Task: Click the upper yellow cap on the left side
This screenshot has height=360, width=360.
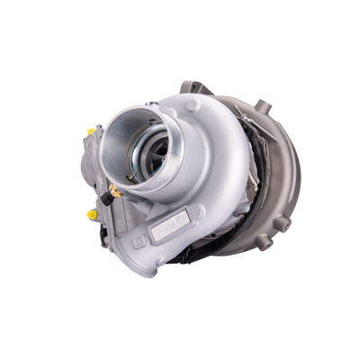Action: click(92, 131)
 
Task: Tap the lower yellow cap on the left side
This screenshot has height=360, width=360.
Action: click(92, 216)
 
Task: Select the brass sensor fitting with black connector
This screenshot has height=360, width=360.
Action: click(112, 193)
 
